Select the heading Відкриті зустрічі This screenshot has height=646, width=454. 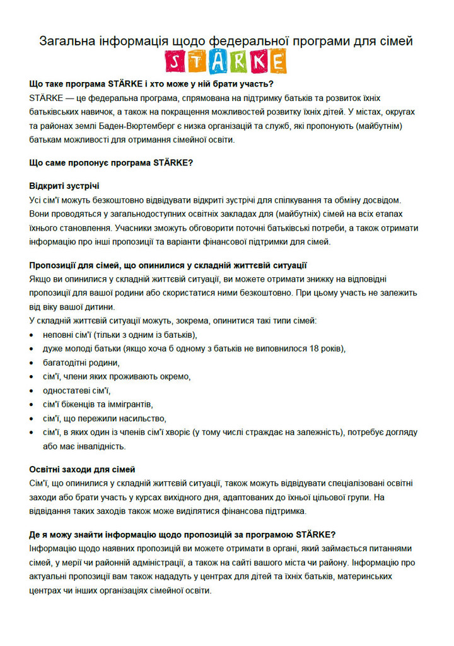coord(64,186)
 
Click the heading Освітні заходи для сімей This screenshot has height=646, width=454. coord(82,469)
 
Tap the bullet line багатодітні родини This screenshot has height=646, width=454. coord(81,362)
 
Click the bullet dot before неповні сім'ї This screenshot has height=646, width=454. coord(32,335)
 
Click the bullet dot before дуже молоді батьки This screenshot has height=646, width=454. coord(32,349)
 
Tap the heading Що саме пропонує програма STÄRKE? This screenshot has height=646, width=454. coord(111,162)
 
